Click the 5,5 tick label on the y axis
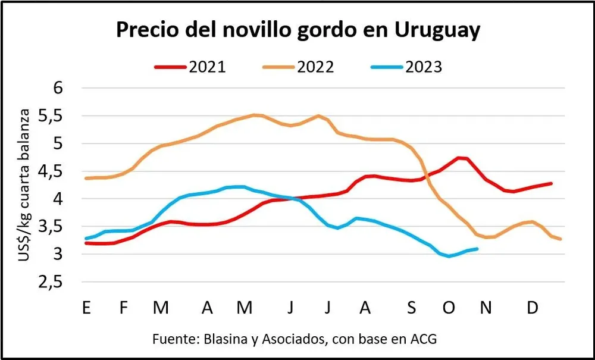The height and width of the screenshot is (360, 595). coord(54,116)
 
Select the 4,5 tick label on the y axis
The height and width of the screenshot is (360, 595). coord(54,171)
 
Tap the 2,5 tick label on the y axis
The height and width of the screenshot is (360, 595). coord(54,283)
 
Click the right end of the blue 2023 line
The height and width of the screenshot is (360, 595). coord(477,249)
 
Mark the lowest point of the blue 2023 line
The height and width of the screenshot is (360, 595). coord(449,256)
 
